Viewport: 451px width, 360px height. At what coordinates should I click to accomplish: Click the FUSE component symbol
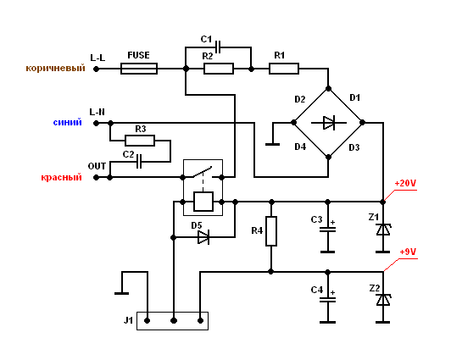[x=138, y=68]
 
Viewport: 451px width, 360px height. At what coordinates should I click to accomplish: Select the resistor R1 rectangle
[x=284, y=68]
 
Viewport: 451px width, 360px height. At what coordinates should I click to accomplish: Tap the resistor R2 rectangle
[x=219, y=68]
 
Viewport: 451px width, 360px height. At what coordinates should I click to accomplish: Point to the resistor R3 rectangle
[x=140, y=140]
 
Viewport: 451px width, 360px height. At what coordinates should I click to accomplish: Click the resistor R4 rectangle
[x=271, y=231]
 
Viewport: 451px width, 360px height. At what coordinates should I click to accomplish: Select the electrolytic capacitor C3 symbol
[x=327, y=228]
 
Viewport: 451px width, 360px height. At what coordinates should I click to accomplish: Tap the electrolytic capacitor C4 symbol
[x=327, y=297]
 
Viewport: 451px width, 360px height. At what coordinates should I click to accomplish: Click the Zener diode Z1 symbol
[x=383, y=229]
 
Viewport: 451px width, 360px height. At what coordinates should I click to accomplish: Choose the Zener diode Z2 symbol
[x=383, y=299]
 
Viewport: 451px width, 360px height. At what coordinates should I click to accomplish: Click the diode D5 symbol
[x=203, y=237]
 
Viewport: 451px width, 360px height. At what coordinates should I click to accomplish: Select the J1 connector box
[x=173, y=321]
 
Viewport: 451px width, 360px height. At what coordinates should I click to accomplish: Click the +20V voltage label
[x=404, y=183]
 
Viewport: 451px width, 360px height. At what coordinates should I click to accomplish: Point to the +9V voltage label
[x=407, y=252]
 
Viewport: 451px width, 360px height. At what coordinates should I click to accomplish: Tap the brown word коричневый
[x=55, y=68]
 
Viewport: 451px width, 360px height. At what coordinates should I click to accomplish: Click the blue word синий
[x=67, y=122]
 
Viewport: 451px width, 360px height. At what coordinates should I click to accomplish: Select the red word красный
[x=61, y=177]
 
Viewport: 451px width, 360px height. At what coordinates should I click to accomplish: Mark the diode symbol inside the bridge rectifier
[x=328, y=123]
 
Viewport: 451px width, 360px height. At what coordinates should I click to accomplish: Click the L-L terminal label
[x=97, y=57]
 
